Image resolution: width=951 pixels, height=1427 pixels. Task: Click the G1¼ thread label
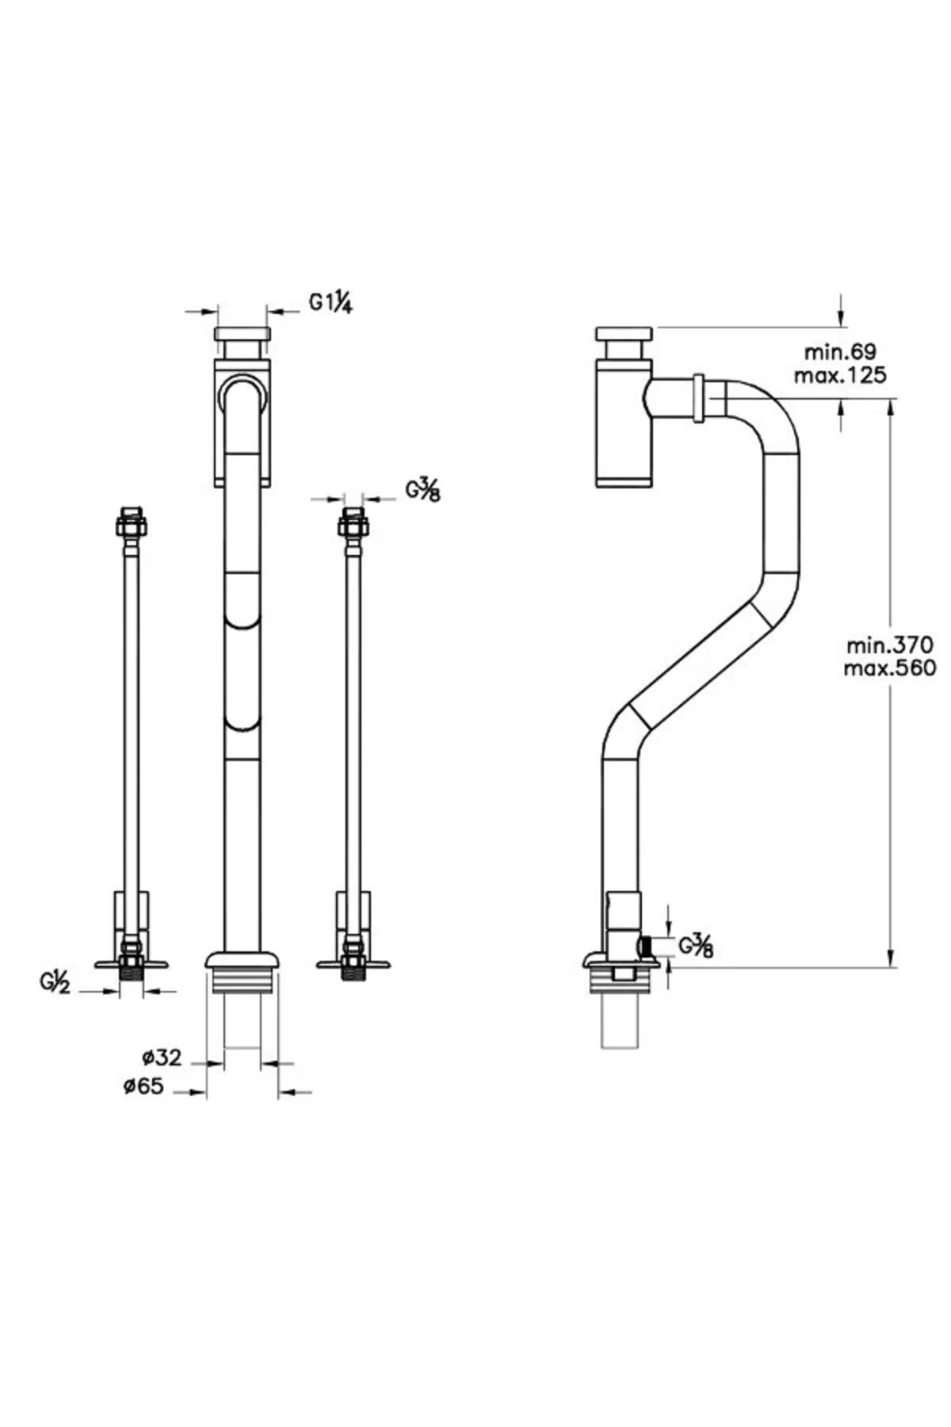330,303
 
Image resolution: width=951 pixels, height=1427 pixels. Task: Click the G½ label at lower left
56,983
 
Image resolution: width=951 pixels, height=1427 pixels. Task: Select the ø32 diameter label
162,1057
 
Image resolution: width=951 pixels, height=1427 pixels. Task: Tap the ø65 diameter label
143,1086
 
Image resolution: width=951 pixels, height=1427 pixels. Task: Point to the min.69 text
841,351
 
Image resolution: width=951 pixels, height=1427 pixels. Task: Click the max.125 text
841,375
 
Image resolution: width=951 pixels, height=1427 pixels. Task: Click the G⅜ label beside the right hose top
423,491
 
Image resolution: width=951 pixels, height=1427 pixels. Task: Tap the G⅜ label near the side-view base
696,946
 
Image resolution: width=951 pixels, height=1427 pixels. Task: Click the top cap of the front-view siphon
243,333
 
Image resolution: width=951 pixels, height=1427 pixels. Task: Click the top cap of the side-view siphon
624,333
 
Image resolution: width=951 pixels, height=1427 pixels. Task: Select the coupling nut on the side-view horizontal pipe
699,398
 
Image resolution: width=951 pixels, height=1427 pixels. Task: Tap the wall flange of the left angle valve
132,964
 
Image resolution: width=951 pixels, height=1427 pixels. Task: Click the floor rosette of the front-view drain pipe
243,960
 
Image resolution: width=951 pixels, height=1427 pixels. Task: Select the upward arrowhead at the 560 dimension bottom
891,959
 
